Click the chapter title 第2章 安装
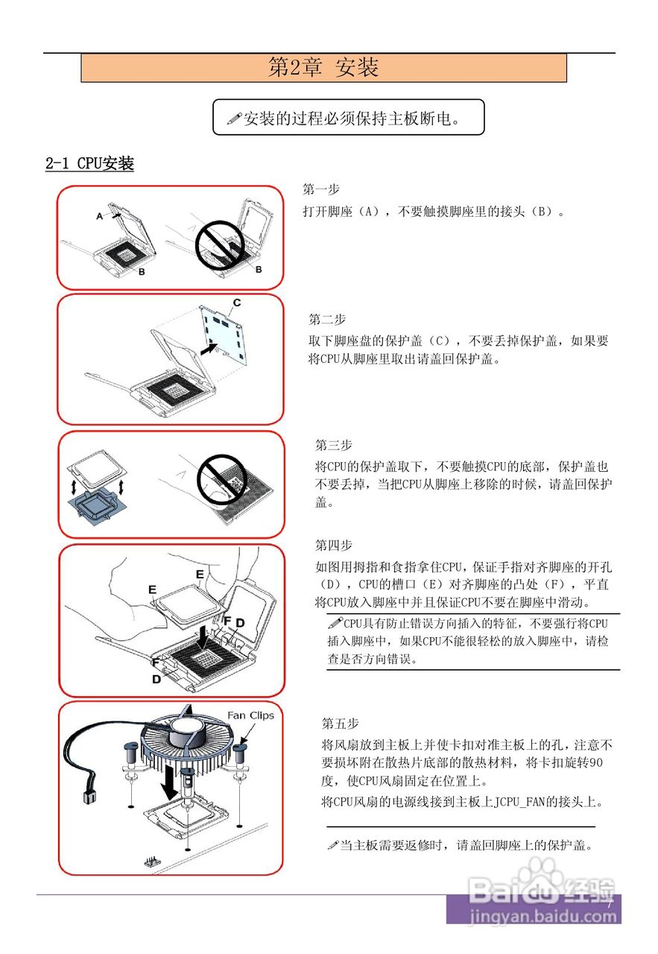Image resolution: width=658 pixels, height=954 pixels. tap(323, 68)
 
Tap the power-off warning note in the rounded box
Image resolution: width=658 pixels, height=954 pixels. tap(348, 118)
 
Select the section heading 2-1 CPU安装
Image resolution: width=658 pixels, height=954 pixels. tap(89, 163)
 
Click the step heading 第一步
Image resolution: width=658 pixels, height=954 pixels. tap(320, 189)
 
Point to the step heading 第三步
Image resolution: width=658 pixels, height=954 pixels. tap(333, 446)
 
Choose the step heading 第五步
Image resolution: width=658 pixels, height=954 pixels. tap(340, 724)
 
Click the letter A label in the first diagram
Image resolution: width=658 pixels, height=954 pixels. tap(99, 216)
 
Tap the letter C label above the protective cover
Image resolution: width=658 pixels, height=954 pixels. tap(237, 303)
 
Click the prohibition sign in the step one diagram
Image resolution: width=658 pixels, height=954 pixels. tap(221, 247)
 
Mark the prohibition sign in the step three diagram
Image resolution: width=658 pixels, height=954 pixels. tap(222, 478)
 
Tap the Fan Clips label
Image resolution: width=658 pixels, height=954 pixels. tap(250, 715)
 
